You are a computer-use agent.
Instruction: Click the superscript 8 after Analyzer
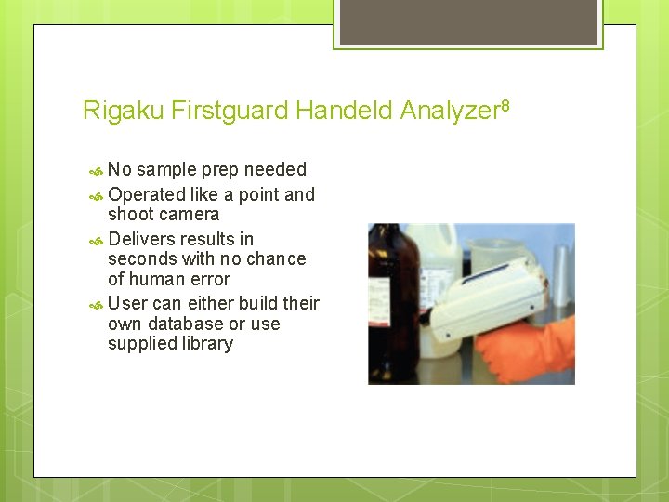505,105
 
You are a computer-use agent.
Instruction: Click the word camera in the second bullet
190,215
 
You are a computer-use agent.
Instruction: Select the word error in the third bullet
209,279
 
